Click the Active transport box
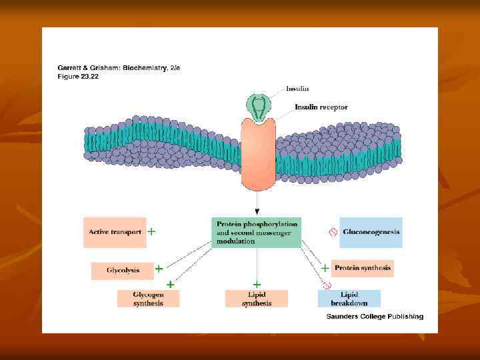115,233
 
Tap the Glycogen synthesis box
148,299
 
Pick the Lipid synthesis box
257,299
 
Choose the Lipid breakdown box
349,299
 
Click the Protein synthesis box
363,268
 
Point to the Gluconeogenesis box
371,233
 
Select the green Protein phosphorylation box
257,233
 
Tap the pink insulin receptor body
259,153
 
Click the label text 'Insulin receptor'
321,107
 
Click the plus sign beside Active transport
152,232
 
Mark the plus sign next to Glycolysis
159,269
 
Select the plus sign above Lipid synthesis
257,284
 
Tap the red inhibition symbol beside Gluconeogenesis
332,233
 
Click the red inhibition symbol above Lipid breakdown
327,285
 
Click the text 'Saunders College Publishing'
375,317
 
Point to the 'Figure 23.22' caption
78,76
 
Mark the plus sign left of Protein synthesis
325,268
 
